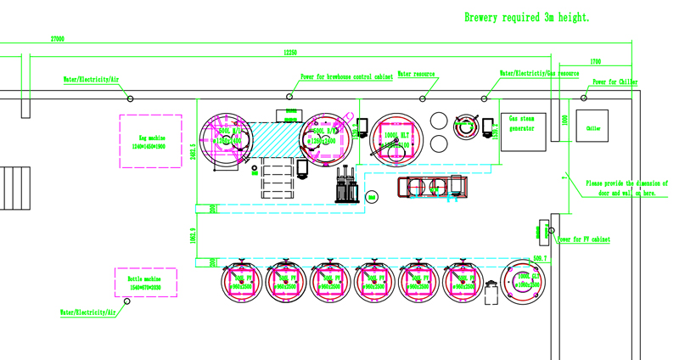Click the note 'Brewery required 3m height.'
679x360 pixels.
click(x=526, y=17)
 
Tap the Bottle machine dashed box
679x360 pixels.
click(x=146, y=282)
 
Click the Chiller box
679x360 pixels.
click(x=592, y=128)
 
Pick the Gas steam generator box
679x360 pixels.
click(x=522, y=130)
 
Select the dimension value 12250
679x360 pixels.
click(x=289, y=53)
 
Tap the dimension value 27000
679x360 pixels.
click(x=58, y=39)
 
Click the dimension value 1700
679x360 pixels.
click(x=595, y=62)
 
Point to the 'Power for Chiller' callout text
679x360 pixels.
click(x=614, y=82)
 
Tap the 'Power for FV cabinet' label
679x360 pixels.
click(x=583, y=239)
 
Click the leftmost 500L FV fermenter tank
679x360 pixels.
click(x=241, y=283)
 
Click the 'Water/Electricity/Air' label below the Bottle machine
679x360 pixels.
click(x=87, y=312)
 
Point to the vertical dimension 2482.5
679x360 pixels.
click(x=194, y=150)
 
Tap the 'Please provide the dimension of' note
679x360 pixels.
click(x=626, y=183)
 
